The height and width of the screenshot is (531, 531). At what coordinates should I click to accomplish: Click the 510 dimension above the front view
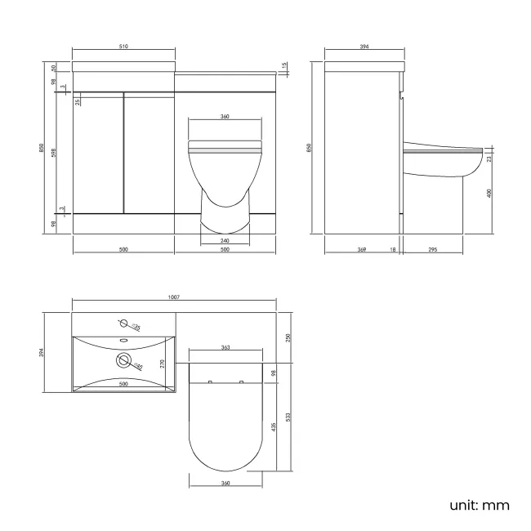point(123,47)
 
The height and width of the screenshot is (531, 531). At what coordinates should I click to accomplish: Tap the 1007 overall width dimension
point(174,297)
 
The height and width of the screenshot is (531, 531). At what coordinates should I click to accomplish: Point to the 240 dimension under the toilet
point(224,241)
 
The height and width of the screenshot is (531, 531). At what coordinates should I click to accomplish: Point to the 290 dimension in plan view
point(288,337)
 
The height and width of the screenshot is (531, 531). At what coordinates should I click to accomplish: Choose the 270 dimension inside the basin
point(163,363)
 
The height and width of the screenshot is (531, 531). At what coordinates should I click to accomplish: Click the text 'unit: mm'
point(480,505)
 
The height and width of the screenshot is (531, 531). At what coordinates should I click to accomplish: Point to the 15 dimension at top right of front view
point(283,66)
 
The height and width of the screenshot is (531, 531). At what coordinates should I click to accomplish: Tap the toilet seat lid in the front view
point(224,148)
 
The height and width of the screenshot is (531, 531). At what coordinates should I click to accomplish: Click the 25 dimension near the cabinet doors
point(78,101)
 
